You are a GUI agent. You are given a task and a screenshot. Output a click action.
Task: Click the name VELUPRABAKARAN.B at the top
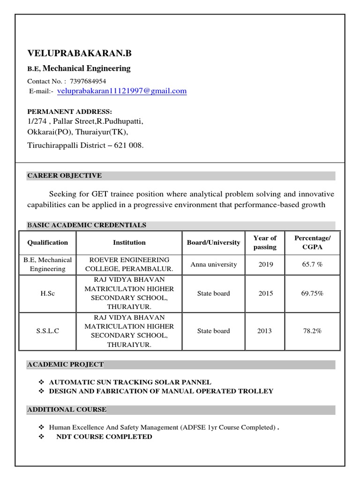pos(80,54)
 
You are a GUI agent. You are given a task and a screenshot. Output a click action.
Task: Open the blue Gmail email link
pos(122,91)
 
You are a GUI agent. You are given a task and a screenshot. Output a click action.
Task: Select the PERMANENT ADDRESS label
pos(70,112)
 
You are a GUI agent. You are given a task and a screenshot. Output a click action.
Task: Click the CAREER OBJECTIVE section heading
pos(65,176)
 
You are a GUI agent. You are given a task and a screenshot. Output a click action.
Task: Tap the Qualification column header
pos(47,242)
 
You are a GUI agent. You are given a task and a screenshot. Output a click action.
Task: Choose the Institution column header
pos(129,242)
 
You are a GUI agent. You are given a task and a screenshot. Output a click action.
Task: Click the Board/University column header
pos(213,242)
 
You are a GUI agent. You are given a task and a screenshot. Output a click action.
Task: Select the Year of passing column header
pos(265,242)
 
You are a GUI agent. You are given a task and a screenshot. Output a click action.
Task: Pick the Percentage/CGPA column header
pos(312,242)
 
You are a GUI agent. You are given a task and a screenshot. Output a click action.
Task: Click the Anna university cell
pos(214,264)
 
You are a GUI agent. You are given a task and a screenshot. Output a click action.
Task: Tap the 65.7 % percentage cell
pos(313,264)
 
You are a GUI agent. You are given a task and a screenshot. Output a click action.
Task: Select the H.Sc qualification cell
pos(47,293)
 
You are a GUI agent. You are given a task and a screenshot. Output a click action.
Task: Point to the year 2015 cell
pos(265,293)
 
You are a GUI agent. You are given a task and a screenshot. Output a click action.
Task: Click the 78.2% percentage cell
pos(313,331)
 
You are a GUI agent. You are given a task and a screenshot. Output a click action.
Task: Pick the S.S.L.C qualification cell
pos(47,331)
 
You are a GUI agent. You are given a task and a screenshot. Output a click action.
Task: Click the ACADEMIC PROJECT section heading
pos(66,364)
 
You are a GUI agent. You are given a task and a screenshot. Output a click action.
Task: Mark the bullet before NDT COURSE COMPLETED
pos(41,436)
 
